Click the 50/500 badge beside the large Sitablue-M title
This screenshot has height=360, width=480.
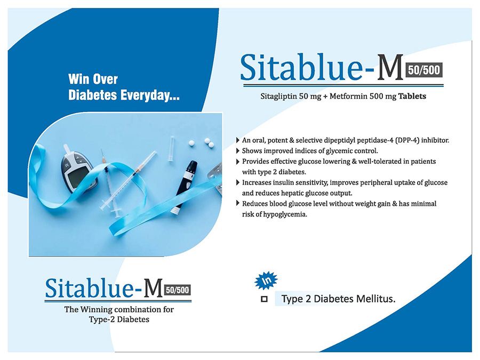pyautogui.click(x=424, y=70)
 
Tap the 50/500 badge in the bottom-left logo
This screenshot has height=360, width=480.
pyautogui.click(x=178, y=290)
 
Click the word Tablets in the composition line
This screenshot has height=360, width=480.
pyautogui.click(x=412, y=97)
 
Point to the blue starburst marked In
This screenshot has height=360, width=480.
pyautogui.click(x=266, y=280)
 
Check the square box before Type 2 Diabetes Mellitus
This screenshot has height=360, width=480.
pyautogui.click(x=264, y=299)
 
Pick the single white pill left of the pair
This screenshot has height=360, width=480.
pyautogui.click(x=191, y=143)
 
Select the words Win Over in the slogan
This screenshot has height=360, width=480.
pyautogui.click(x=93, y=79)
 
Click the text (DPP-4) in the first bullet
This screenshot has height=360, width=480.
pyautogui.click(x=407, y=140)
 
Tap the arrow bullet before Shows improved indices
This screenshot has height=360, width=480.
pyautogui.click(x=238, y=151)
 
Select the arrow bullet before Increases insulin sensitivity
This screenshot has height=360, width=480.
pyautogui.click(x=238, y=183)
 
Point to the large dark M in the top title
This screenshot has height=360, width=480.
pyautogui.click(x=390, y=68)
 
